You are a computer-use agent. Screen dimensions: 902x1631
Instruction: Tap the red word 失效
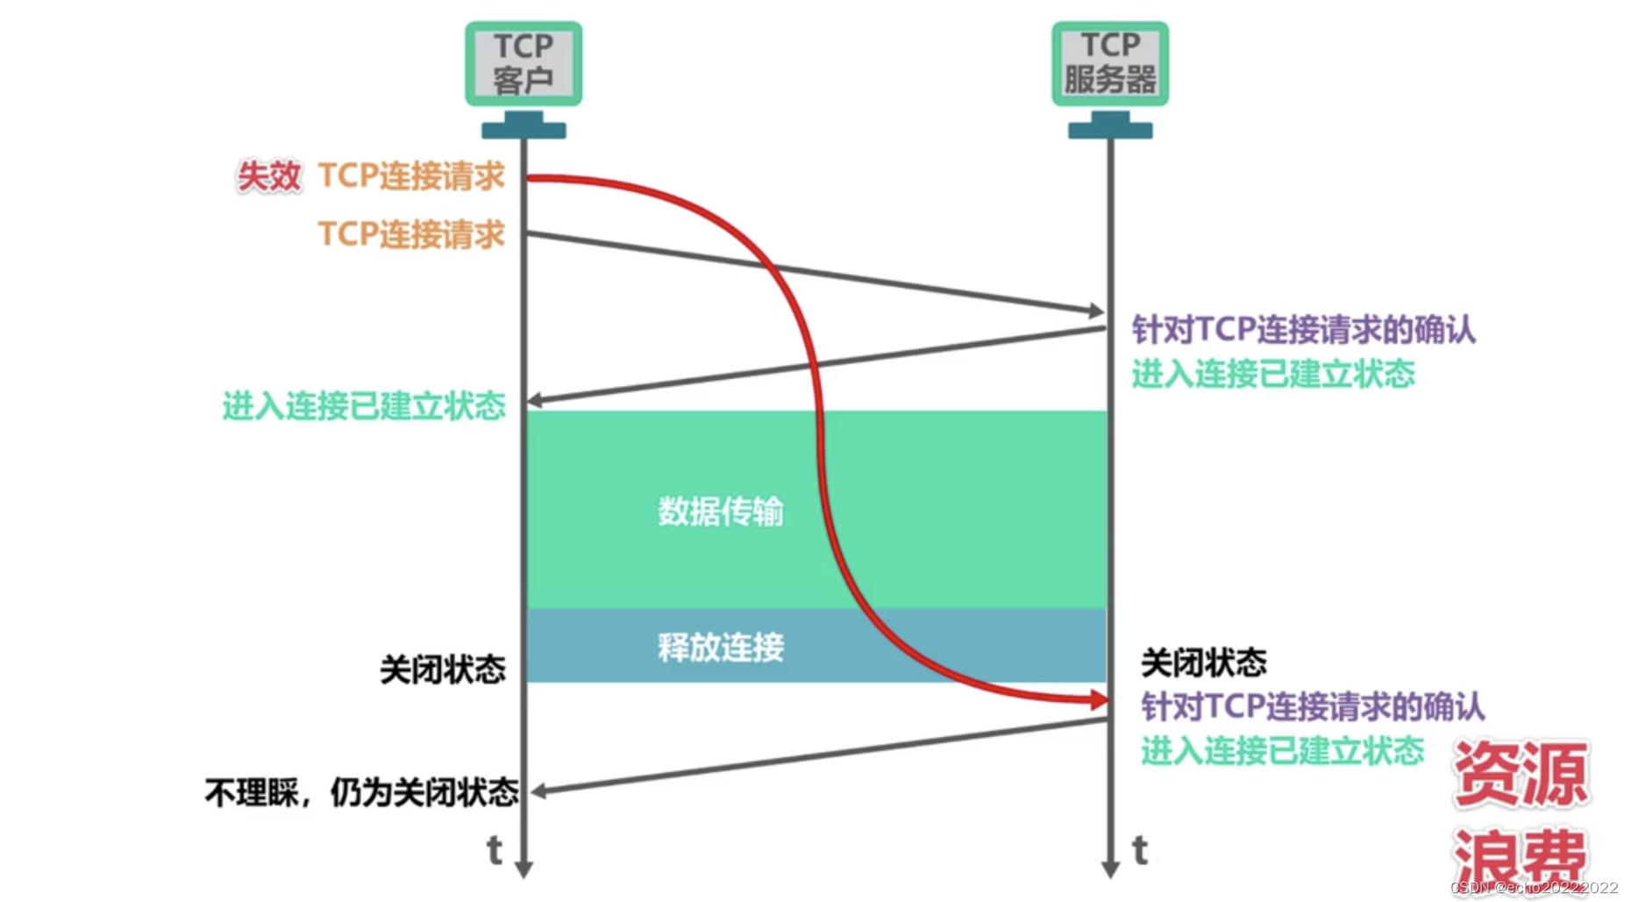[268, 176]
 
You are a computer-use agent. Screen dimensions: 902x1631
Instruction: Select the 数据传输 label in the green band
[721, 511]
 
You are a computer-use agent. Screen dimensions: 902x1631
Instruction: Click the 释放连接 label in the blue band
[721, 648]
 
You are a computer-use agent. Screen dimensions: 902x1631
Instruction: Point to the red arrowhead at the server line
[1099, 699]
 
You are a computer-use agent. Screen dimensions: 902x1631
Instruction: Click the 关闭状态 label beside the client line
[443, 669]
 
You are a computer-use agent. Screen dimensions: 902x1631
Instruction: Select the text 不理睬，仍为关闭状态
[361, 792]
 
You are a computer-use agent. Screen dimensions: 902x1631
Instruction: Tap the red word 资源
[1521, 773]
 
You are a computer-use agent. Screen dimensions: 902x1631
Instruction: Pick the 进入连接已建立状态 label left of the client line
[364, 405]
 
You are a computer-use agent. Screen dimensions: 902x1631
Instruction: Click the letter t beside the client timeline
[495, 849]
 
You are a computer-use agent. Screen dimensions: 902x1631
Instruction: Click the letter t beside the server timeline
[1140, 849]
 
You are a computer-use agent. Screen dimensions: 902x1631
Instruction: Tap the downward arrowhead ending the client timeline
[523, 869]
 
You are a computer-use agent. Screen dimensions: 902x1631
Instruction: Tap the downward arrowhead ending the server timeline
[1110, 869]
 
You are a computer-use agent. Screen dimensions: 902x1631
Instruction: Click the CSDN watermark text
[1535, 888]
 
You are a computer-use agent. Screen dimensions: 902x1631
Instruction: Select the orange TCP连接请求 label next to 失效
[411, 175]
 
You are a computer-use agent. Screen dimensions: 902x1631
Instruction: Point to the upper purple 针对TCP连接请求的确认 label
[1304, 330]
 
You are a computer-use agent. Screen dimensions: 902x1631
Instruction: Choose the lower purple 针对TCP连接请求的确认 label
[1313, 706]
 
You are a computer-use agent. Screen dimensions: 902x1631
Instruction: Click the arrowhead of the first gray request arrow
[1096, 311]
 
